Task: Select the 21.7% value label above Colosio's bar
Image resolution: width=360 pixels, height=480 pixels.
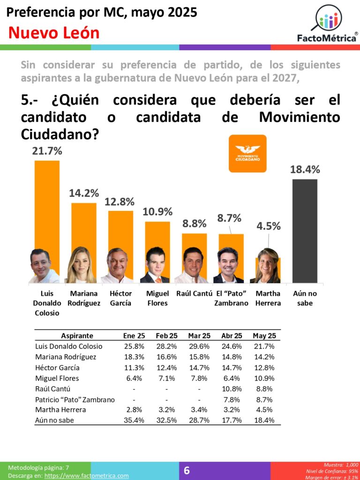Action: tap(47, 151)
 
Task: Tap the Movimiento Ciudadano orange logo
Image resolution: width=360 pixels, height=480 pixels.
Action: tap(247, 153)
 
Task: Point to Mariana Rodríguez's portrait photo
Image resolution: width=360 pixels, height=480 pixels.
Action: tap(81, 265)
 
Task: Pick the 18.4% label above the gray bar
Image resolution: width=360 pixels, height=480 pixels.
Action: tap(305, 170)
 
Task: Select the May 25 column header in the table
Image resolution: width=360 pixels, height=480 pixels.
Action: tap(264, 336)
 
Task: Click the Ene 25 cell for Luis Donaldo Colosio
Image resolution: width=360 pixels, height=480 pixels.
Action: tap(134, 346)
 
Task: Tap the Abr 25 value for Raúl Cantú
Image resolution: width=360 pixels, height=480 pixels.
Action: tap(232, 389)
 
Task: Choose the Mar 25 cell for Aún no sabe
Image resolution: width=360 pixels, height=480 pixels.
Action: tap(199, 420)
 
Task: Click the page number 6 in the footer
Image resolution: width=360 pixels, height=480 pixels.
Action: tap(187, 471)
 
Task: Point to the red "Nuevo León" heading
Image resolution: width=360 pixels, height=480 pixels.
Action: tap(54, 33)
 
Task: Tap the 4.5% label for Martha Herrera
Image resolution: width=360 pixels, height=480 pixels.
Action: tap(269, 226)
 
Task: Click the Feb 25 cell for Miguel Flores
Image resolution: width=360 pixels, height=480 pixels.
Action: tap(166, 378)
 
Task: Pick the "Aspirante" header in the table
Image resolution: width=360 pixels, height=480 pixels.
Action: tap(77, 336)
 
